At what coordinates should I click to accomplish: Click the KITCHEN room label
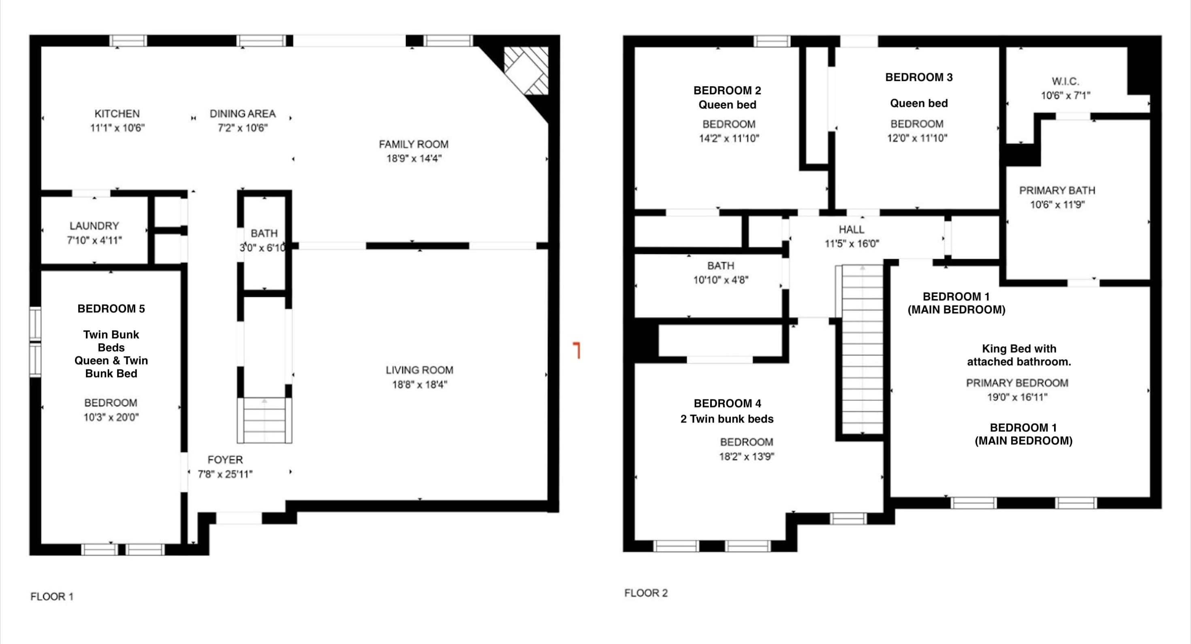(117, 114)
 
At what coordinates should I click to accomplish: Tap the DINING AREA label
(243, 114)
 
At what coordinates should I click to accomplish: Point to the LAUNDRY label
(94, 226)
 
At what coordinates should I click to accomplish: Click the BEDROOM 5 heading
(111, 309)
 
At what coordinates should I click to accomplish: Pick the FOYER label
(225, 460)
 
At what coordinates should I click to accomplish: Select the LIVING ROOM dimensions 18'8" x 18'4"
(420, 385)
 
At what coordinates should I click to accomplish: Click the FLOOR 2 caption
(646, 593)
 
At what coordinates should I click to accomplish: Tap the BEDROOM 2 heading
(727, 91)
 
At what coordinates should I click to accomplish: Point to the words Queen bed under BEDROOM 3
(919, 104)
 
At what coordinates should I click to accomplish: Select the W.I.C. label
(1065, 82)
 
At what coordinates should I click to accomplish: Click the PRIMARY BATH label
(1057, 190)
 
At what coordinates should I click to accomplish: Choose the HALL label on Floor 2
(851, 230)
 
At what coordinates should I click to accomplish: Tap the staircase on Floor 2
(863, 350)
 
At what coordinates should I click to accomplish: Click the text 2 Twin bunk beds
(727, 419)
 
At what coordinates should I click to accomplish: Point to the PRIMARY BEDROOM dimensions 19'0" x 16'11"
(1017, 397)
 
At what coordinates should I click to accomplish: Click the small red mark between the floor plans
(577, 350)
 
